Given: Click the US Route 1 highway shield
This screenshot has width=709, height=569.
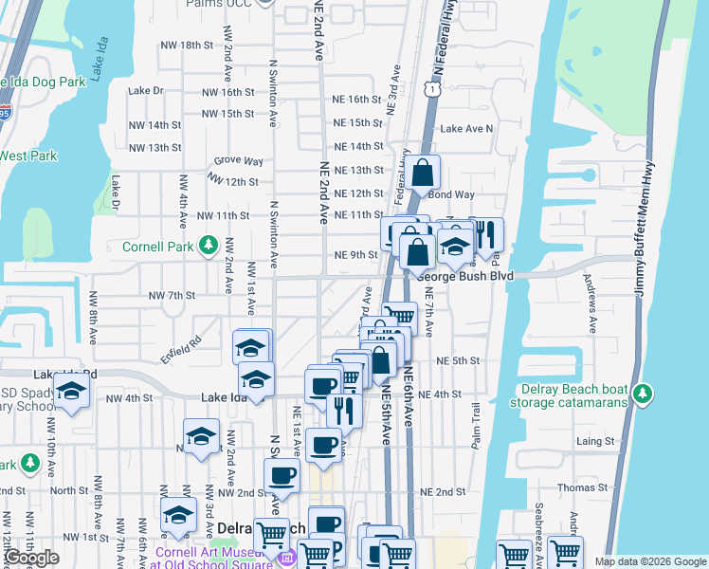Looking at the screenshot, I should click(x=431, y=88).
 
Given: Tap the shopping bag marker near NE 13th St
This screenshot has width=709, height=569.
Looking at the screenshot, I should click(x=424, y=174).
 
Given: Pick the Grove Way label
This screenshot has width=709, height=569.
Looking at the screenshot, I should click(x=238, y=162).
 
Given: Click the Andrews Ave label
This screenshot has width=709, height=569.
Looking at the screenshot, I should click(x=591, y=301).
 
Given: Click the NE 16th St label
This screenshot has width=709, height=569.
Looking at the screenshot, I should click(x=356, y=99).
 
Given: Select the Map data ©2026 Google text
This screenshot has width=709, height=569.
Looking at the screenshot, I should click(x=650, y=561).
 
